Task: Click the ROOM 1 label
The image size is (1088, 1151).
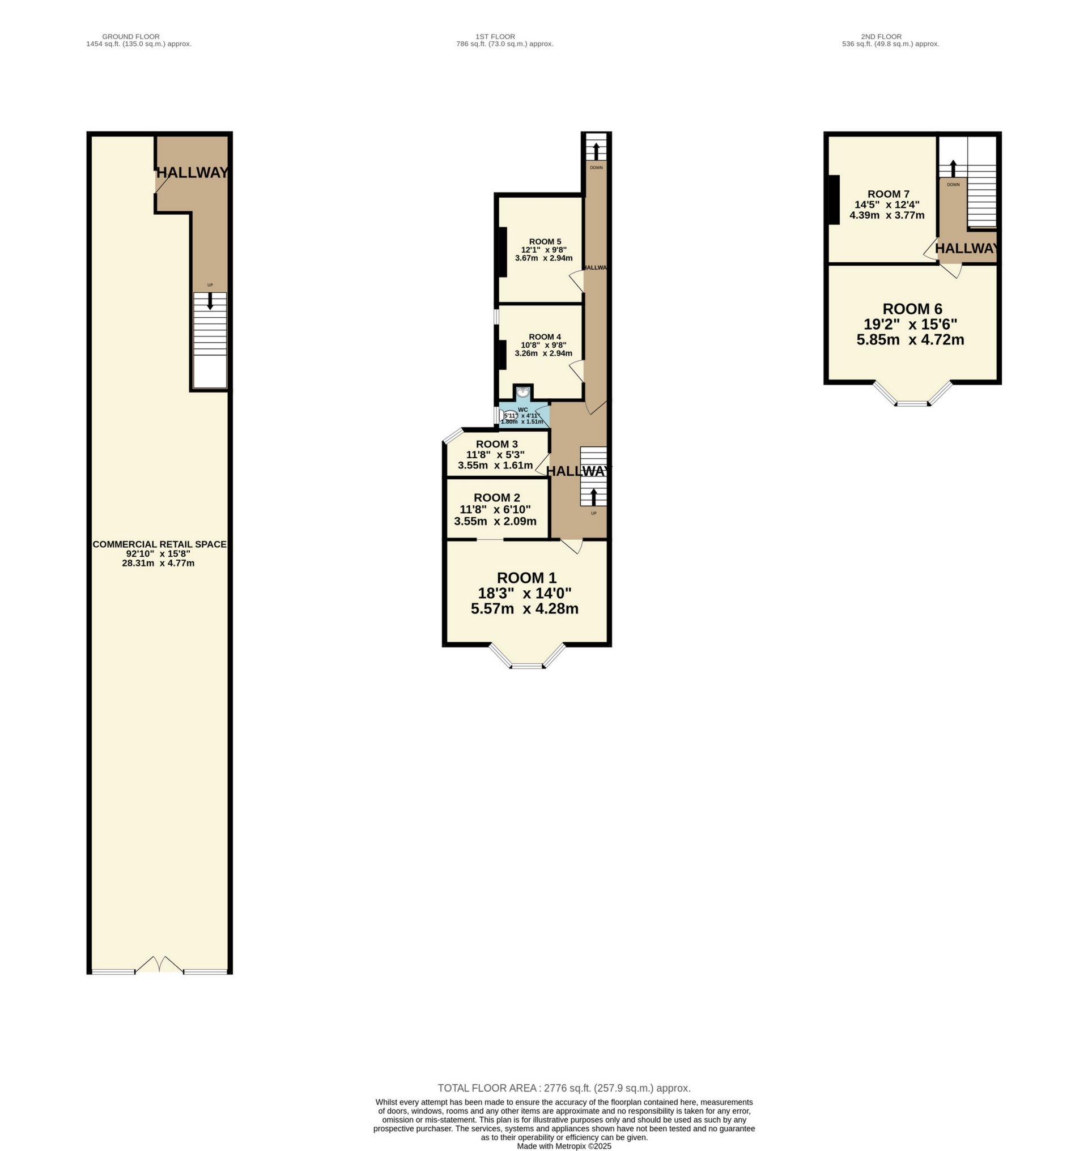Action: coord(526,578)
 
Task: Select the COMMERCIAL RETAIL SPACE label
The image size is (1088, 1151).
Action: coord(159,544)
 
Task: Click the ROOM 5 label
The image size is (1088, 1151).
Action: coord(545,242)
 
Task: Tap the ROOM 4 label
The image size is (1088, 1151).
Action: coord(545,337)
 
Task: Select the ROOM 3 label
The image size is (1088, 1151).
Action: coord(496,444)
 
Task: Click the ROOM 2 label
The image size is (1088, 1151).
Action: coord(496,497)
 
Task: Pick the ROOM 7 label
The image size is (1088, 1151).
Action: coord(888,194)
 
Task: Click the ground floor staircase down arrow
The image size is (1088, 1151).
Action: coord(210,301)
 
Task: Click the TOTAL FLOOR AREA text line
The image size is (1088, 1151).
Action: coord(564,1088)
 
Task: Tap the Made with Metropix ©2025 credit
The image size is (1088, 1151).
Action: coord(564,1146)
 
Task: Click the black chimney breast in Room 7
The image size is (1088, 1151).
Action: coord(834,199)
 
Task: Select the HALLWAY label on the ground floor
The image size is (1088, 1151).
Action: coord(192,172)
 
